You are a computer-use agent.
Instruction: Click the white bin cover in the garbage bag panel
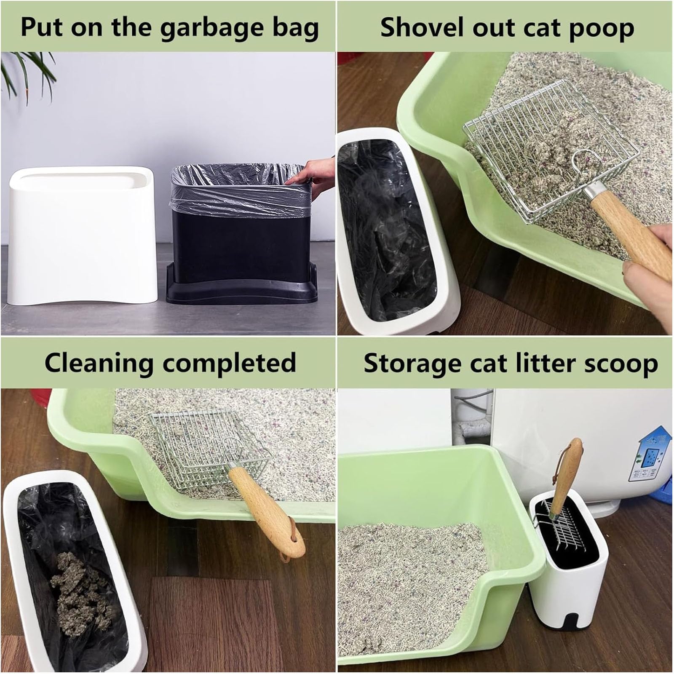tap(83, 234)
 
